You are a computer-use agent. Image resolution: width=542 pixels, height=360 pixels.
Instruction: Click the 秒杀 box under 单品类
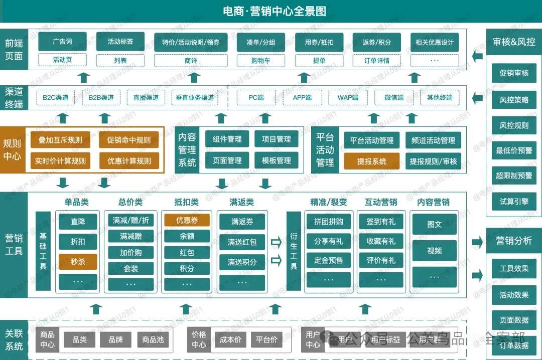tap(78, 261)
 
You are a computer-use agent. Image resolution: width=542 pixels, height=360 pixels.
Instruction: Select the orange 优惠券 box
tap(187, 220)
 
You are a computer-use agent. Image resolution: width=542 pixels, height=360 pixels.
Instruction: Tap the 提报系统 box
tap(372, 161)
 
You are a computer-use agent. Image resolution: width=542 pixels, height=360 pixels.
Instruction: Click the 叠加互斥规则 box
tap(60, 140)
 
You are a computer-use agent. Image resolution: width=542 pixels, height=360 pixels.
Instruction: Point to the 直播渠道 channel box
tap(146, 97)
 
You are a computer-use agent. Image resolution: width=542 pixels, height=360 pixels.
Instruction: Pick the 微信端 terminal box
tap(394, 97)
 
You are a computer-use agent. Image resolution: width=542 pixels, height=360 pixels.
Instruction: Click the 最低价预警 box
tap(514, 150)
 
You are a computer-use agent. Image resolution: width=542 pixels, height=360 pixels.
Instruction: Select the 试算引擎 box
tap(514, 201)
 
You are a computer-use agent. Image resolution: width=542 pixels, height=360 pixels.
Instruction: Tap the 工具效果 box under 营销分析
tap(514, 268)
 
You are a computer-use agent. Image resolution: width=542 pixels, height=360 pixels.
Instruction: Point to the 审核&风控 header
tap(514, 42)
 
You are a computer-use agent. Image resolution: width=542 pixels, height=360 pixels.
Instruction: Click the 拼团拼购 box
tap(329, 221)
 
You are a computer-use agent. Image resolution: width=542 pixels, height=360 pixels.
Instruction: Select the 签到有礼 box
tap(381, 221)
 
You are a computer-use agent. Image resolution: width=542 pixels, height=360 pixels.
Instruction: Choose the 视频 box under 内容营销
tap(435, 250)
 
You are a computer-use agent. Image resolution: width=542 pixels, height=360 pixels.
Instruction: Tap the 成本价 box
tap(230, 339)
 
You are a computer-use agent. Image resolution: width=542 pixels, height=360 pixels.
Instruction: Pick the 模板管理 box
tap(277, 160)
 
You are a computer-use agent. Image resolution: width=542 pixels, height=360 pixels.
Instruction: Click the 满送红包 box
tap(242, 242)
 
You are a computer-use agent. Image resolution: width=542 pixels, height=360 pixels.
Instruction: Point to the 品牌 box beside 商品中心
tap(115, 339)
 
